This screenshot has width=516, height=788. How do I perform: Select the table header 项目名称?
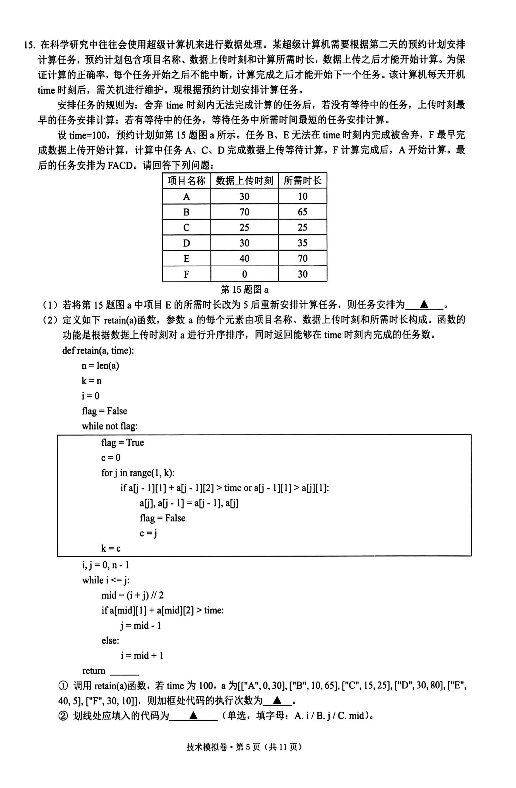[x=186, y=181]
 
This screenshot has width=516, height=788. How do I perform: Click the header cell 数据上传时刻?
[x=244, y=181]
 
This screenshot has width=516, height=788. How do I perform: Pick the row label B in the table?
[x=186, y=212]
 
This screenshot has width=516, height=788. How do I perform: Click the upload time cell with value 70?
[x=244, y=212]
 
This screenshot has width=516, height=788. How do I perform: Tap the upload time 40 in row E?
[x=244, y=259]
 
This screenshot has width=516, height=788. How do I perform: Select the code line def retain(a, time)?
[x=98, y=350]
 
